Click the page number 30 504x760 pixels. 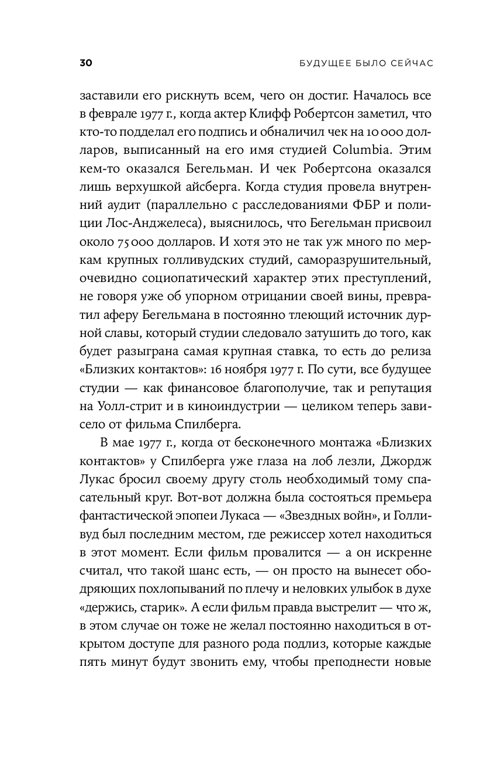click(87, 63)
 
